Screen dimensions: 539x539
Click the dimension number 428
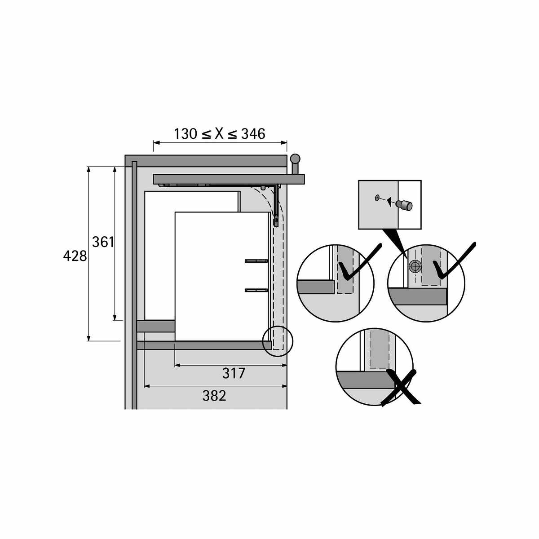[75, 256]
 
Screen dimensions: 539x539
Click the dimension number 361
[103, 242]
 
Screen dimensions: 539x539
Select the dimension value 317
[234, 373]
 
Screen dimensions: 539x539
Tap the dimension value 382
[214, 396]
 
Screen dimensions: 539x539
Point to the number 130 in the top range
[186, 134]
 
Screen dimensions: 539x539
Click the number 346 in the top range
[253, 134]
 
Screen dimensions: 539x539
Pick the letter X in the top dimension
[219, 134]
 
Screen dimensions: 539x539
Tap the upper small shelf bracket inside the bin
[256, 261]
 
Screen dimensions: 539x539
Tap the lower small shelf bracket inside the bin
[256, 290]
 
